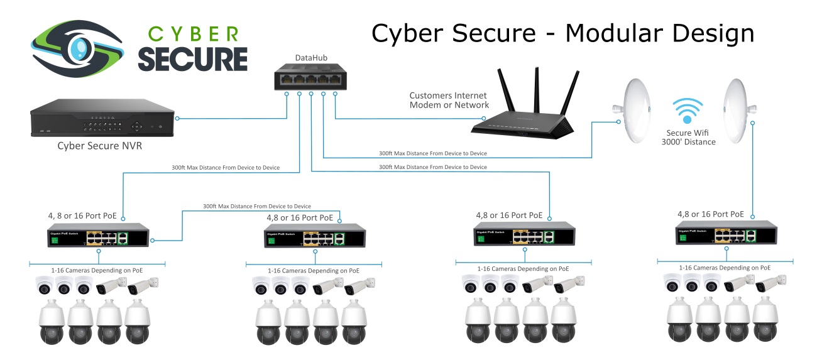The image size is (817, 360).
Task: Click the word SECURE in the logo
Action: coord(192,58)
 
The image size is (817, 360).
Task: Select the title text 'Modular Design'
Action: coord(659,33)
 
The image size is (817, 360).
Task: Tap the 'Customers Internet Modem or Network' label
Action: coord(449,101)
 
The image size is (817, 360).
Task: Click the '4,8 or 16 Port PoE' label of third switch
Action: coord(509,214)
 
